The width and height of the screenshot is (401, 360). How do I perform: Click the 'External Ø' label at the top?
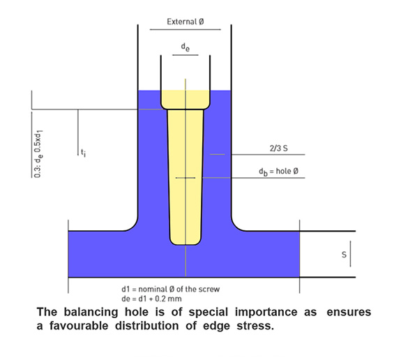coord(186,22)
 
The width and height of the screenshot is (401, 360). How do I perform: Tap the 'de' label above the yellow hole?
coord(186,47)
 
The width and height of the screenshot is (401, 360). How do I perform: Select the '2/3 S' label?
coord(278,148)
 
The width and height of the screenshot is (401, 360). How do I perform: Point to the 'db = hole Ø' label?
coord(278,171)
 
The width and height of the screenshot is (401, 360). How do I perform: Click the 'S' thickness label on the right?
coord(344,255)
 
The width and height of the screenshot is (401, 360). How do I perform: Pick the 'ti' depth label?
coord(84,153)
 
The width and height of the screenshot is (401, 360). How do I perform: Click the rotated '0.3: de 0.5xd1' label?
coord(38,154)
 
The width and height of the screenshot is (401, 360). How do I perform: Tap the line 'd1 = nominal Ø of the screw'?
coord(171,289)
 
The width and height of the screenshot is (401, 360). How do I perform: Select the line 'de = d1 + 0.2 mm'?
coord(151,299)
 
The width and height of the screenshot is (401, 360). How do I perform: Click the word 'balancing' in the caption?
coord(91,313)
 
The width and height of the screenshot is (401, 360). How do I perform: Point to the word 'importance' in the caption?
coord(266,313)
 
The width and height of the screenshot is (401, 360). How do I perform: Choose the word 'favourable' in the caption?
coord(79,326)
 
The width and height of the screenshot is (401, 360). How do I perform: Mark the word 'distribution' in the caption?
coord(146,326)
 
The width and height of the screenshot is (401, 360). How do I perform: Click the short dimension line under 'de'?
coord(186,55)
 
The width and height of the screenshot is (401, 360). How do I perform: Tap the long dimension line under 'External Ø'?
coord(185,30)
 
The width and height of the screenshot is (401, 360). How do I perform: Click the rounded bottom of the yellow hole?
coord(186,241)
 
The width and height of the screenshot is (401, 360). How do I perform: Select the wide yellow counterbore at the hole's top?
coord(186,100)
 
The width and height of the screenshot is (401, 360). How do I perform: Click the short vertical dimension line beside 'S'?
coord(350,254)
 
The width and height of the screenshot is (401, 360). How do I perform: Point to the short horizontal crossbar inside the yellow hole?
coord(186,178)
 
